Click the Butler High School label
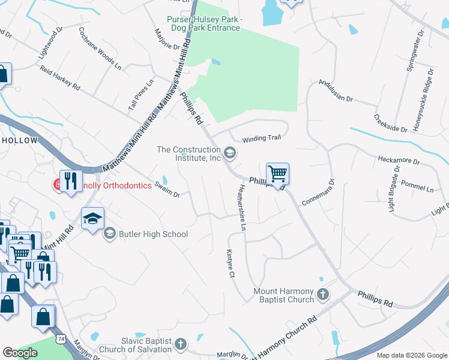[x=153, y=234]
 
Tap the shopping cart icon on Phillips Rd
[x=277, y=174]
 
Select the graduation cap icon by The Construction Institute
[x=229, y=154]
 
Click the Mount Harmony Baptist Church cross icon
[x=323, y=294]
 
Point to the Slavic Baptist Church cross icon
[x=181, y=344]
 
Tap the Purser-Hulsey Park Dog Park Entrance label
[x=204, y=24]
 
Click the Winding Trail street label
[x=261, y=139]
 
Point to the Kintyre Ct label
[x=229, y=264]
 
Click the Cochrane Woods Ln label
[x=100, y=48]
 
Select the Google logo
[x=20, y=353]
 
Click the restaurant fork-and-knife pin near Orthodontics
[x=71, y=181]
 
